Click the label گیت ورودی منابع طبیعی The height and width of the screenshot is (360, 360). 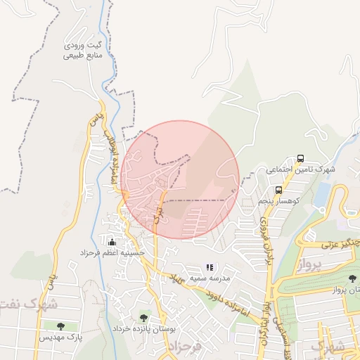(x=84, y=50)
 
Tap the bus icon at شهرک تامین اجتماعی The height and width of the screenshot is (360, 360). (x=301, y=159)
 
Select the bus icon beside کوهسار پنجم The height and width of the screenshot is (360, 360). (x=279, y=190)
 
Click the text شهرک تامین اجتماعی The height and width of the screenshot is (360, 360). (x=301, y=170)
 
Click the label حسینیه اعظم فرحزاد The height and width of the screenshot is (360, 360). (x=112, y=252)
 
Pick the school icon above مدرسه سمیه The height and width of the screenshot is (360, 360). (x=210, y=267)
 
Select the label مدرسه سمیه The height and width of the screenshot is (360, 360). (x=209, y=278)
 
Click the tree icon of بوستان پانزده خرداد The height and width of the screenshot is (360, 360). (x=143, y=318)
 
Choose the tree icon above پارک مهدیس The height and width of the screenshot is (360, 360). (x=60, y=326)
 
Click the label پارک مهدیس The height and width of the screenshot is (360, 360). (x=60, y=337)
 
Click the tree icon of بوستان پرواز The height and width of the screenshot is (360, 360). (x=352, y=279)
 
